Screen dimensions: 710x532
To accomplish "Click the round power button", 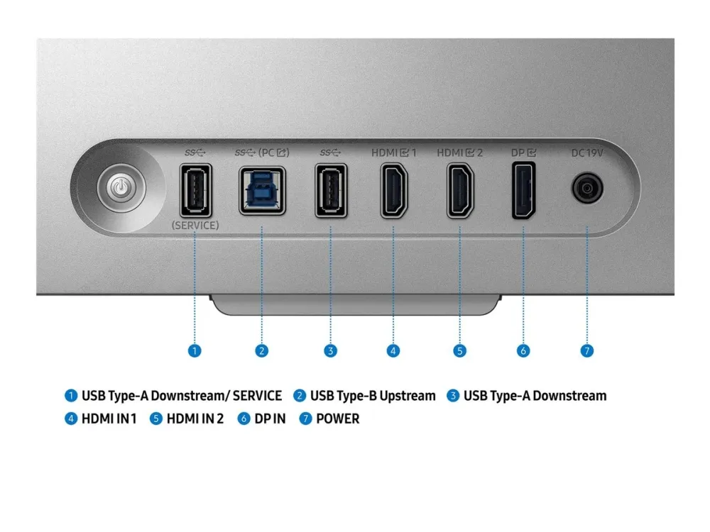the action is [x=121, y=187].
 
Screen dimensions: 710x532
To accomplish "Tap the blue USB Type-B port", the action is [x=262, y=190].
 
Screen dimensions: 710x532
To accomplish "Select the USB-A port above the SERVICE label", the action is [x=196, y=190].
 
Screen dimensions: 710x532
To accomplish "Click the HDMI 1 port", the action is [x=393, y=190].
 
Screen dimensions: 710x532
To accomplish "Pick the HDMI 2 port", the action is [x=460, y=190].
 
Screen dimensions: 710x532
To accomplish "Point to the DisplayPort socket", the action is [x=523, y=190].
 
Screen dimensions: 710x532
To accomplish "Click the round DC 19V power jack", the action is [x=587, y=187].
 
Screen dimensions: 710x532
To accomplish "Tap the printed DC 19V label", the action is [x=587, y=153].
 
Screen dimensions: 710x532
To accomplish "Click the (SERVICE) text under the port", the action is [x=195, y=226].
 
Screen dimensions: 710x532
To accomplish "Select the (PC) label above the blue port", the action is [x=273, y=153].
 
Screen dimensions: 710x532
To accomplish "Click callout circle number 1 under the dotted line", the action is [x=195, y=350].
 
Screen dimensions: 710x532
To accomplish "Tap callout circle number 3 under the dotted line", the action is [x=331, y=350].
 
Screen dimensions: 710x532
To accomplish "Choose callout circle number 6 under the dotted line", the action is [x=523, y=350].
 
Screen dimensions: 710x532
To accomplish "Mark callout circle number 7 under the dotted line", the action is [x=587, y=350].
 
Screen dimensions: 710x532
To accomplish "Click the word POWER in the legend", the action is [x=338, y=419].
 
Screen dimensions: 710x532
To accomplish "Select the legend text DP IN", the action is [x=270, y=419].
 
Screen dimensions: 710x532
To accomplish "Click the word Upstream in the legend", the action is [x=408, y=396].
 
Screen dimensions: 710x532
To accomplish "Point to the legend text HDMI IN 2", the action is [x=195, y=419].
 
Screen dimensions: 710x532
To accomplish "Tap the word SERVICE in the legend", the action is [x=257, y=396].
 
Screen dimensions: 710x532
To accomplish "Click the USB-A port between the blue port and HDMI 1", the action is [x=331, y=190].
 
